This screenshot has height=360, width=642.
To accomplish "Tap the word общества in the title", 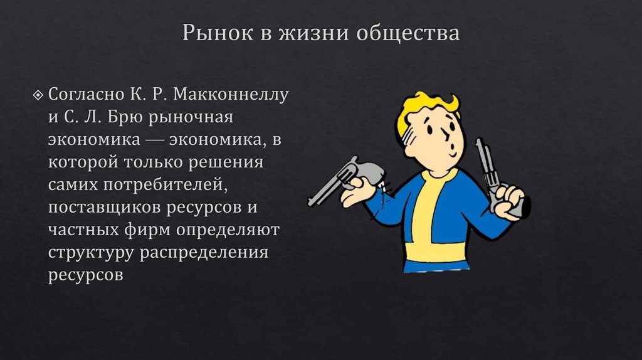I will click(x=408, y=33).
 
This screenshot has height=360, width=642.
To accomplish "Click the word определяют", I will click(x=228, y=230).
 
